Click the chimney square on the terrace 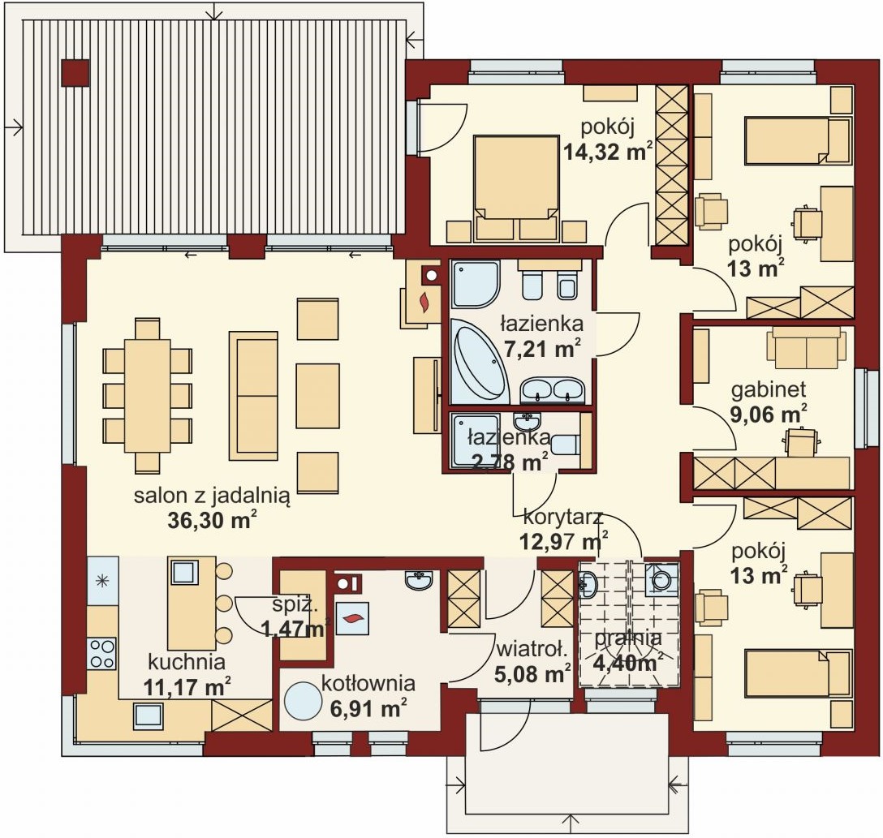75,73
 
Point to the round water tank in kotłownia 306,700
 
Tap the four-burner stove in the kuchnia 101,653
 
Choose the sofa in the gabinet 807,347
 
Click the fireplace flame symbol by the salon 424,302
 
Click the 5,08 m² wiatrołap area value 532,673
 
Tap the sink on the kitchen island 183,572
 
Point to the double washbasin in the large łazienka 552,390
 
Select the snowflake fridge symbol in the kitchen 102,580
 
